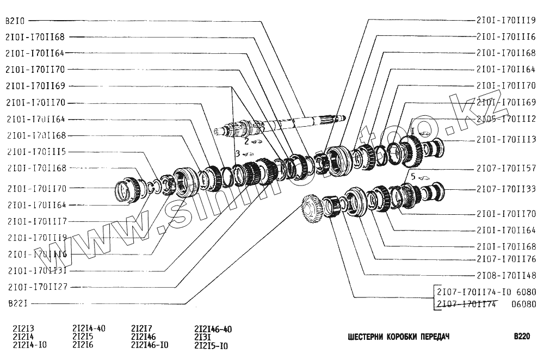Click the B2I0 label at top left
pos(15,21)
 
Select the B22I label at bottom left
pos(15,302)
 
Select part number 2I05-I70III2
pos(506,118)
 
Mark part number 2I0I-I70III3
pos(506,139)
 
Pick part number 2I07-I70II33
pos(506,189)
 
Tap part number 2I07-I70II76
pos(506,259)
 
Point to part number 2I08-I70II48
pos(506,275)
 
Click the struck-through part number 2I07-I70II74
pos(466,303)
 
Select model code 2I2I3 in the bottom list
pos(24,328)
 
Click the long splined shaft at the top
pos(294,123)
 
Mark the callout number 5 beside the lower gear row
pos(412,176)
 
